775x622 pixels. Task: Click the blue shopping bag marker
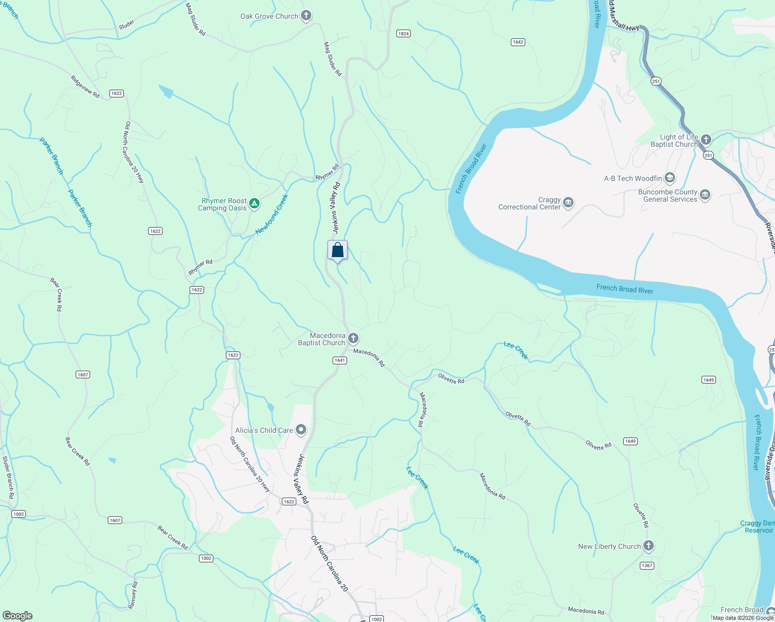(x=337, y=250)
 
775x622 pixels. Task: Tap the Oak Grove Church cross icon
(x=306, y=16)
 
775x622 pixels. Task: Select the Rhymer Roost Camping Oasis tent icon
(x=254, y=204)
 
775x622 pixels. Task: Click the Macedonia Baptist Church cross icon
(x=353, y=339)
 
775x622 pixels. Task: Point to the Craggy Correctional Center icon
(x=568, y=203)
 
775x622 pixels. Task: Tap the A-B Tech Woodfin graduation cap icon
(x=670, y=178)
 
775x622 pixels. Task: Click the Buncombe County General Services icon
(x=705, y=195)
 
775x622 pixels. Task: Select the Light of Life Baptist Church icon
(x=706, y=140)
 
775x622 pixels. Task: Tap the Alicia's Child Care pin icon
(x=301, y=430)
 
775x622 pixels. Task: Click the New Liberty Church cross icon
(x=649, y=546)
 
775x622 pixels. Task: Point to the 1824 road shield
(x=404, y=33)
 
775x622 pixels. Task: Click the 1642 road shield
(x=518, y=42)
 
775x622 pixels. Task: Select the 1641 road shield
(x=339, y=360)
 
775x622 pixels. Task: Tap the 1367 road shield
(x=647, y=566)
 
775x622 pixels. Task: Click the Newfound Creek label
(x=271, y=215)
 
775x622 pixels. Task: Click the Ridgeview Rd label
(x=85, y=87)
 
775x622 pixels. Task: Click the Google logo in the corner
(x=17, y=615)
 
